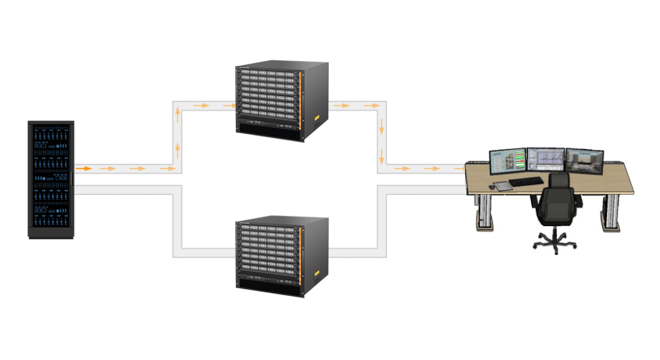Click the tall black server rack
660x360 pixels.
pyautogui.click(x=51, y=180)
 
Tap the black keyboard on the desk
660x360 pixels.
pyautogui.click(x=526, y=182)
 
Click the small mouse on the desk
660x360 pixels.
pyautogui.click(x=493, y=178)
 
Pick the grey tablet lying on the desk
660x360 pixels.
pyautogui.click(x=501, y=186)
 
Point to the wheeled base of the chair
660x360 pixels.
pyautogui.click(x=555, y=243)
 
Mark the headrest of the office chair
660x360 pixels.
pyautogui.click(x=558, y=181)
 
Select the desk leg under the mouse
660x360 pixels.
pyautogui.click(x=485, y=211)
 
